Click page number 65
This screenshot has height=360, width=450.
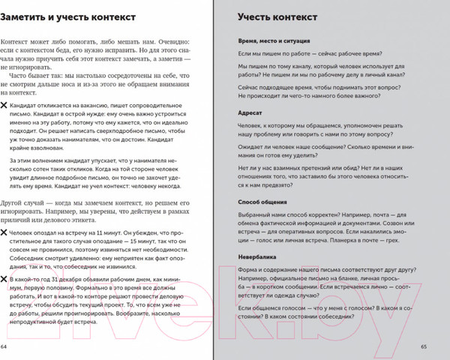[424, 346]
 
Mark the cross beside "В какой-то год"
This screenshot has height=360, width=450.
[5, 279]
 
